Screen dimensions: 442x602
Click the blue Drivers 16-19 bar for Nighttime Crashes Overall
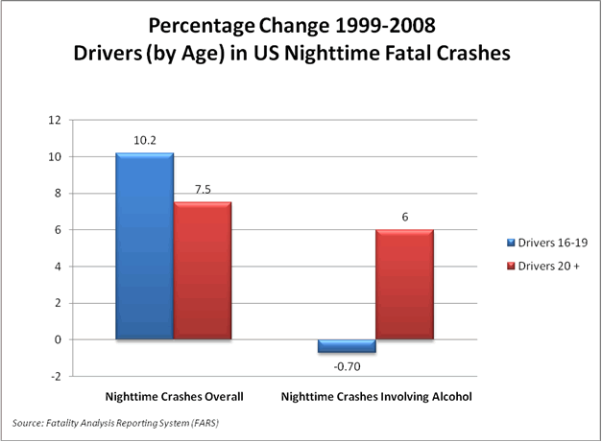click(x=144, y=246)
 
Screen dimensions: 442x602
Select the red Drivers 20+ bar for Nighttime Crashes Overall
click(x=203, y=270)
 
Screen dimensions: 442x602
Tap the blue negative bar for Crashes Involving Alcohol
click(x=347, y=346)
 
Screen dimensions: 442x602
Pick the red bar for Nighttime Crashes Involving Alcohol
click(x=404, y=285)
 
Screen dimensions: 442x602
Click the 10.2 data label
click(x=144, y=140)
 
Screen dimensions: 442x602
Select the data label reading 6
click(x=404, y=217)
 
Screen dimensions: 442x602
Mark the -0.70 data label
click(x=347, y=365)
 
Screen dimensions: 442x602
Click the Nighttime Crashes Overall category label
click(x=174, y=395)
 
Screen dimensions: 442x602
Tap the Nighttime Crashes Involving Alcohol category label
click(x=375, y=395)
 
